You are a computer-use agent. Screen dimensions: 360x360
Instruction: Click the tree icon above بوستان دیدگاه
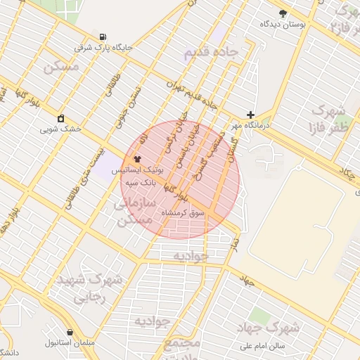pos(283,13)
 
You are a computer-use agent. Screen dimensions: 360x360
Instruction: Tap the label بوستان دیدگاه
pos(283,25)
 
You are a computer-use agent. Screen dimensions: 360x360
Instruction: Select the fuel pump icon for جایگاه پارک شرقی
pos(104,37)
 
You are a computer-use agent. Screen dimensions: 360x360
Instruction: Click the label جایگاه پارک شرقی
pos(103,48)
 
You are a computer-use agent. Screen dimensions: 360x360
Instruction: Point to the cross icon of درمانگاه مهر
pos(250,115)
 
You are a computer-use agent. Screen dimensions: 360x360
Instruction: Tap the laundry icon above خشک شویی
pos(61,118)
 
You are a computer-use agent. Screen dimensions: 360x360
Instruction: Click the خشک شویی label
pos(60,129)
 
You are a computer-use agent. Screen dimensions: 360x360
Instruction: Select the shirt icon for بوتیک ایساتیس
pos(137,159)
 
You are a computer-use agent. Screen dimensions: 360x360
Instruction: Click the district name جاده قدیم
pos(212,53)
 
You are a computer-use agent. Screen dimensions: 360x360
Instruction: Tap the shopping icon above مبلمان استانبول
pos(70,332)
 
